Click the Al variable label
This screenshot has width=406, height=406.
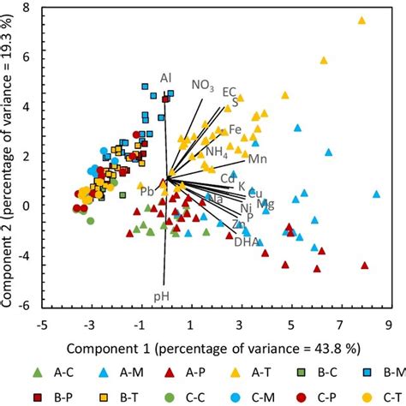(165, 78)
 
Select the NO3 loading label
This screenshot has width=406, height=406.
(202, 85)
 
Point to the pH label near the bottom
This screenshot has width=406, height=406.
(161, 296)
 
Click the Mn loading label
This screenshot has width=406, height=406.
(258, 158)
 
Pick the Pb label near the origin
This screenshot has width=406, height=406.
(147, 191)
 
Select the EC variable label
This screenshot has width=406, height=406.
(230, 91)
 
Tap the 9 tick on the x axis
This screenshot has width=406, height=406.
(388, 325)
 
